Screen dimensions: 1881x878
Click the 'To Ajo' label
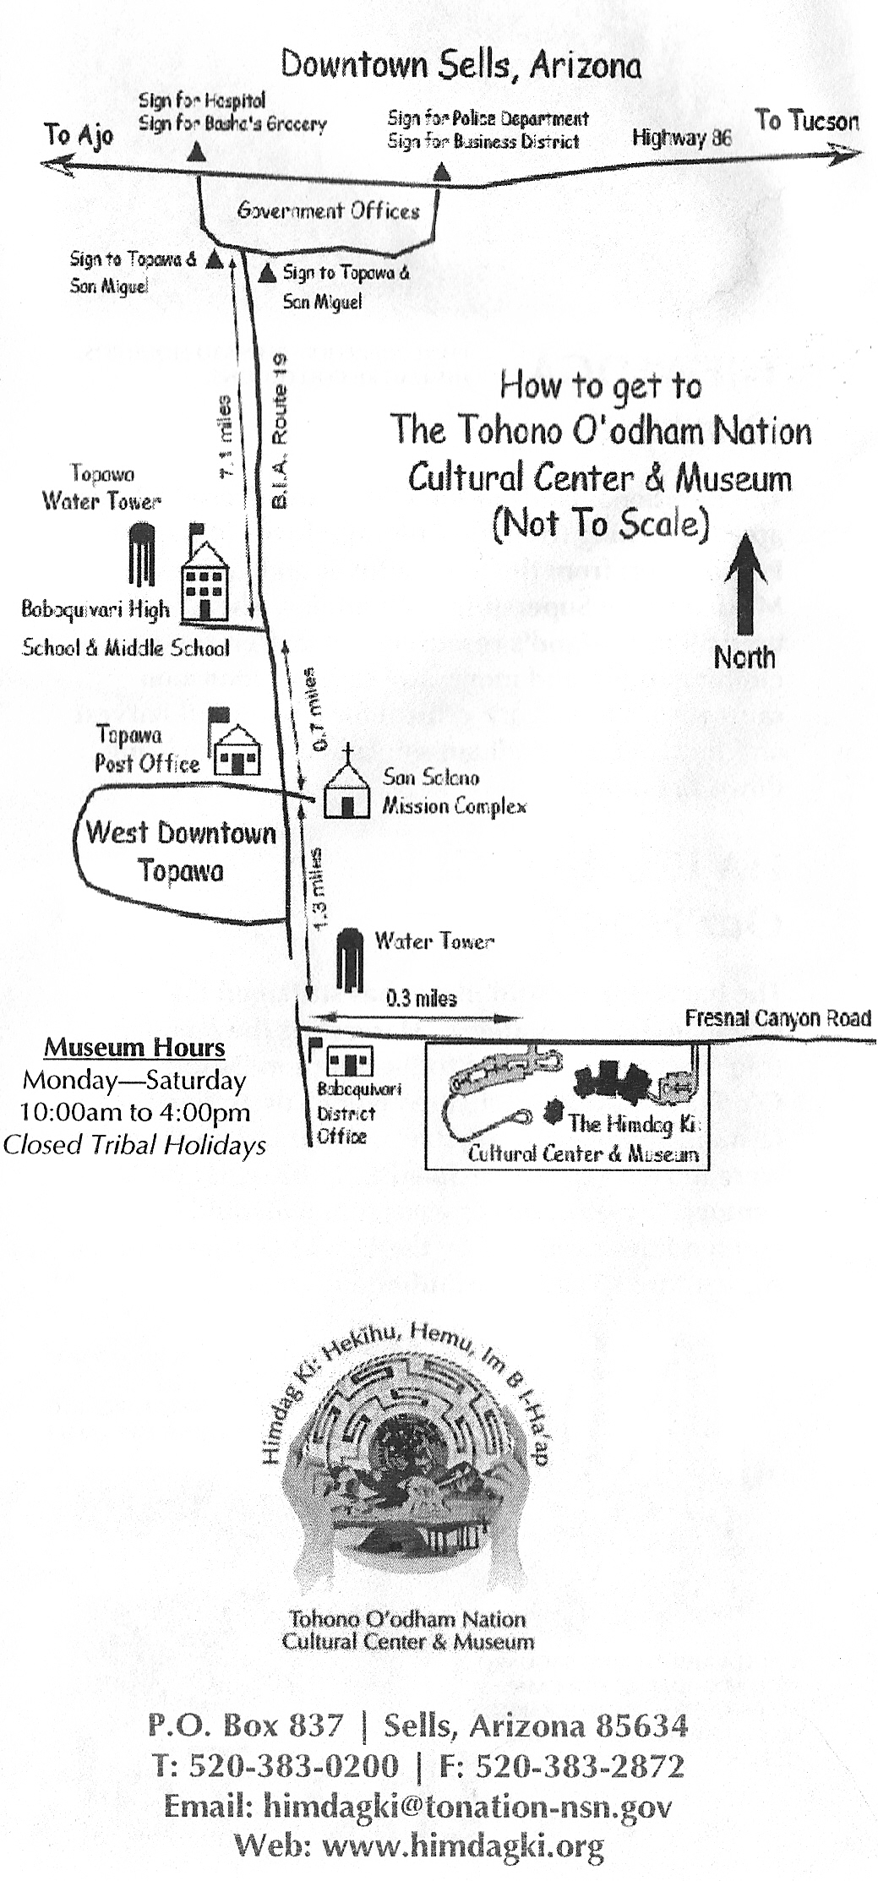click(79, 134)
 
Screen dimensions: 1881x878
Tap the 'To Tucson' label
click(806, 121)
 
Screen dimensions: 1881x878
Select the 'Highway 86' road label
click(681, 138)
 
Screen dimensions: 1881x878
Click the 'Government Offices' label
click(328, 210)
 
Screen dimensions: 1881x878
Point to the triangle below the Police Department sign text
click(442, 173)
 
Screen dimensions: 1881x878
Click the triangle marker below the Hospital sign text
click(196, 151)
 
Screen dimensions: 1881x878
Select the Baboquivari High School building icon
click(205, 575)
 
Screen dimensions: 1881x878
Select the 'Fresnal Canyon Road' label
click(777, 1017)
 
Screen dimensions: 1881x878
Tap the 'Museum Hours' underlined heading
click(134, 1048)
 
